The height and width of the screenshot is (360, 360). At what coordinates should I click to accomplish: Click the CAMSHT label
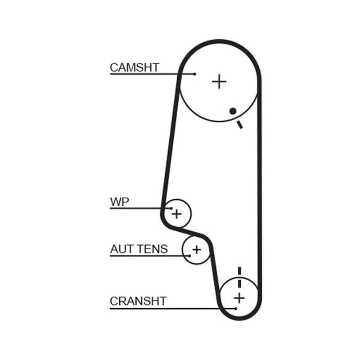(x=135, y=67)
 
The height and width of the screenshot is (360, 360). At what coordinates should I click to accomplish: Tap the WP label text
(x=120, y=202)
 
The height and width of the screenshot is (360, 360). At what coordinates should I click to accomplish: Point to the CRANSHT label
(x=138, y=301)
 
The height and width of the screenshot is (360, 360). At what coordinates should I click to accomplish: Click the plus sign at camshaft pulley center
(x=219, y=81)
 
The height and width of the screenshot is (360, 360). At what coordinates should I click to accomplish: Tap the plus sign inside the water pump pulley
(x=176, y=214)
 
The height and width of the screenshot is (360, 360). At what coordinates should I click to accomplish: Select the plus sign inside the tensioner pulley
(x=197, y=250)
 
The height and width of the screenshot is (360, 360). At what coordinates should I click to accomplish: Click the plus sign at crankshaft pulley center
(x=239, y=298)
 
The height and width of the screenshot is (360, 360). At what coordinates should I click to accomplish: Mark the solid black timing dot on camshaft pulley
(x=233, y=111)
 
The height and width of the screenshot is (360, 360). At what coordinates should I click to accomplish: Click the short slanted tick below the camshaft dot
(x=240, y=125)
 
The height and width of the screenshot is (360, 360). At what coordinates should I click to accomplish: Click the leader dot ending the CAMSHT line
(x=195, y=74)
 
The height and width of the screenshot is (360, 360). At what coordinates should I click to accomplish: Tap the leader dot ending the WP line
(x=171, y=208)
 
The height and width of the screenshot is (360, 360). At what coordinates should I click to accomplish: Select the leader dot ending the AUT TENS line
(x=189, y=256)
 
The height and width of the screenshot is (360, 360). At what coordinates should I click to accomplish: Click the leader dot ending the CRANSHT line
(x=235, y=309)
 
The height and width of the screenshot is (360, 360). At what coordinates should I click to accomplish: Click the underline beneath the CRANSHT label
(x=173, y=309)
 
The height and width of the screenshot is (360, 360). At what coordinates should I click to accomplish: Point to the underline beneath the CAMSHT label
(x=152, y=74)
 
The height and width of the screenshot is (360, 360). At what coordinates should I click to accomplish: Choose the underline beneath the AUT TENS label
(x=150, y=256)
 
